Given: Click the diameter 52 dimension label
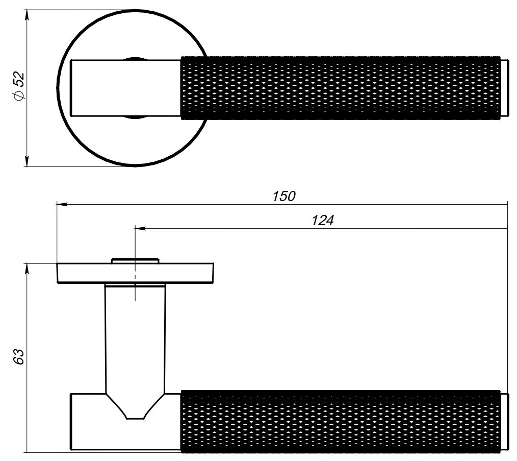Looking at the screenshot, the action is click(18, 86).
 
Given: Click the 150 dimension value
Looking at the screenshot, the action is click(284, 196).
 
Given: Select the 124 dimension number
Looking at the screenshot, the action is click(322, 220).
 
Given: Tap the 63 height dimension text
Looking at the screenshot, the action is click(18, 357).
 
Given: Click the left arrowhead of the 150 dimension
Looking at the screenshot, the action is click(62, 204).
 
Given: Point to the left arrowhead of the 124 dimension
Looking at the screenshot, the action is click(140, 228).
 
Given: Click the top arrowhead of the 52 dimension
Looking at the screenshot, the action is click(27, 15).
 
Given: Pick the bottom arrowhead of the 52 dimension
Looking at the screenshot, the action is click(27, 161).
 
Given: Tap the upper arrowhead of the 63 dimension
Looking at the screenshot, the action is click(27, 269).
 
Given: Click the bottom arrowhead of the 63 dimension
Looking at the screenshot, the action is click(27, 447).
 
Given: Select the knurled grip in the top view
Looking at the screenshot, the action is click(341, 88).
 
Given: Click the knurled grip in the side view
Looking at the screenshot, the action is click(341, 421).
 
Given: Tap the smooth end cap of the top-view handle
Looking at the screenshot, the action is click(504, 88).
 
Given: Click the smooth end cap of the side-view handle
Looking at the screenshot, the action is click(504, 421).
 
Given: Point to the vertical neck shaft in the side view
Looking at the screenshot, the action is click(135, 338).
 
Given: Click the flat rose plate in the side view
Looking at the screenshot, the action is click(135, 273).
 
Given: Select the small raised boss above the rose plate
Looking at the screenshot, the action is click(135, 260).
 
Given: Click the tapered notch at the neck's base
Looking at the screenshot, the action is click(135, 406).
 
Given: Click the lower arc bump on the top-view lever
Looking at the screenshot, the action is click(135, 117).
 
